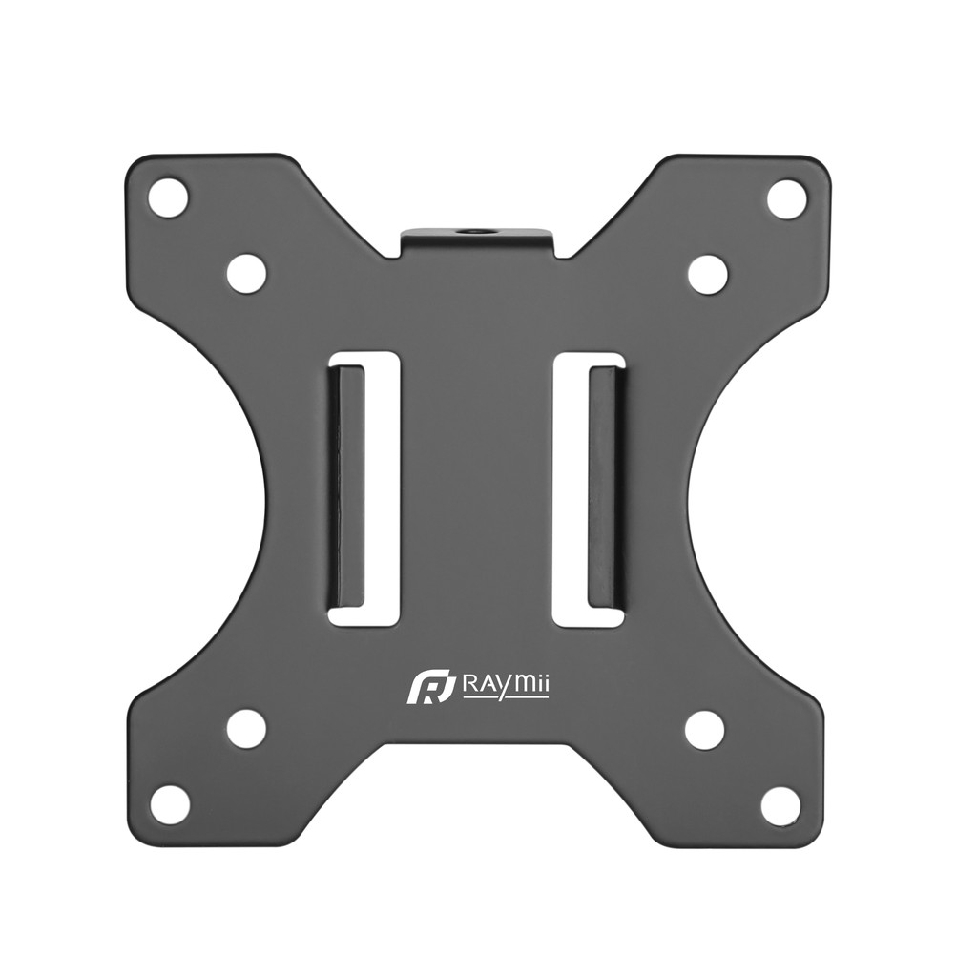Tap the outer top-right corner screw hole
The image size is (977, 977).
[x=786, y=197]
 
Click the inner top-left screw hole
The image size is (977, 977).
[x=246, y=273]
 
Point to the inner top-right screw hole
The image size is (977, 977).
[x=709, y=273]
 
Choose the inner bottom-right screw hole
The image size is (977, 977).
[x=705, y=728]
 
